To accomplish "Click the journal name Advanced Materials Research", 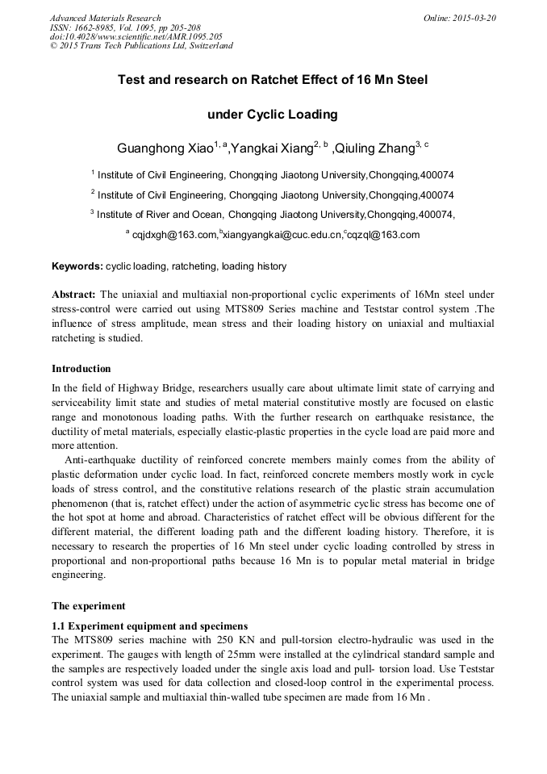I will coord(105,18).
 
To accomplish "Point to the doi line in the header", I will coord(136,36).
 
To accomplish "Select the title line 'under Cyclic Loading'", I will coord(273,114).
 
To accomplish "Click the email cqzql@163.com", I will coord(384,235).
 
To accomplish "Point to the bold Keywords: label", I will coord(77,266).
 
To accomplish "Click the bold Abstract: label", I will coord(74,295).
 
